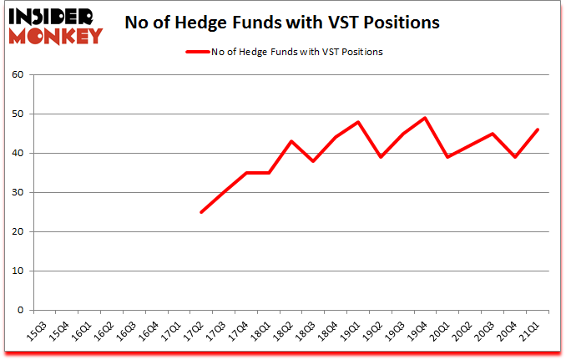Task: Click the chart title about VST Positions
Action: pos(281,23)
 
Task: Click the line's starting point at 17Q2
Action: pos(201,212)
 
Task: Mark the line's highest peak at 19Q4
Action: pos(427,118)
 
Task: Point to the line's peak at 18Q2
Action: pos(291,141)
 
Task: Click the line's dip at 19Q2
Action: pos(382,157)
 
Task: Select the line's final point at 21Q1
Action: pos(539,129)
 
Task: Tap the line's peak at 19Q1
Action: pos(359,122)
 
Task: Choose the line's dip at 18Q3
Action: pos(314,161)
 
